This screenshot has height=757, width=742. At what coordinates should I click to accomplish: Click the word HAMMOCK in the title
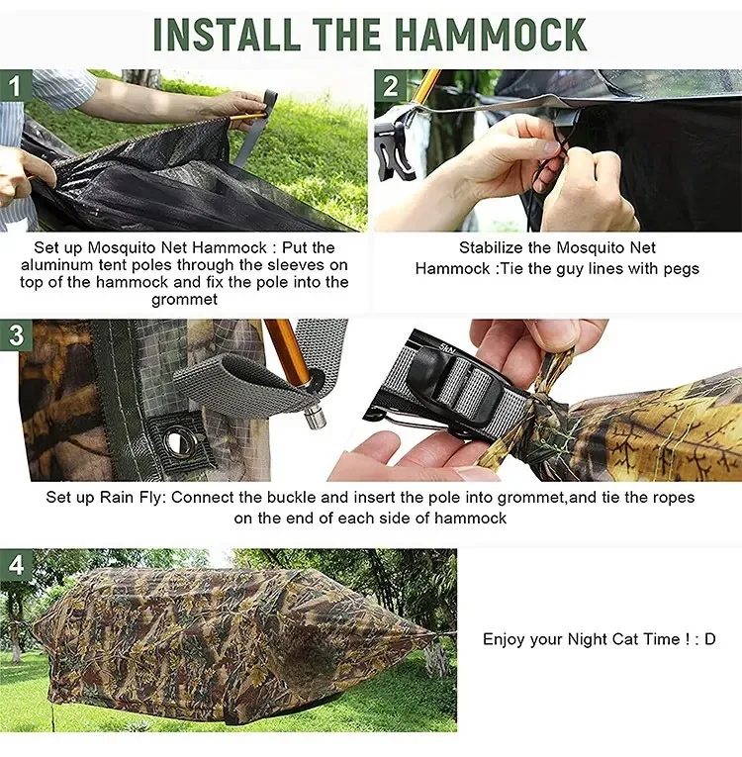point(493,35)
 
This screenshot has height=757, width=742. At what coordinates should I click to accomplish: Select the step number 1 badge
point(16,86)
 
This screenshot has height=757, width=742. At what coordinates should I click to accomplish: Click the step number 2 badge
point(390,86)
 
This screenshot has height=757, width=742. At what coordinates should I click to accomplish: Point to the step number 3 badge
point(16,334)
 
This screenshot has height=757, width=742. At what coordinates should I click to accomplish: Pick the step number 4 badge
point(16,564)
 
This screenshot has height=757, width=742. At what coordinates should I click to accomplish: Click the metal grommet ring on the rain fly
point(180,441)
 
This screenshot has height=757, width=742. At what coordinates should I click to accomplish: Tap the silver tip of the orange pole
point(316,417)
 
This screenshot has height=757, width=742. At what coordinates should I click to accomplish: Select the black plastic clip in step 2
point(395,150)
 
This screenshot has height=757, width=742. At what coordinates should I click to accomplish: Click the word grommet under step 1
point(184,299)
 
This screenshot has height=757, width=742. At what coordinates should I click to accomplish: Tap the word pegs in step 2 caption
point(682,269)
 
